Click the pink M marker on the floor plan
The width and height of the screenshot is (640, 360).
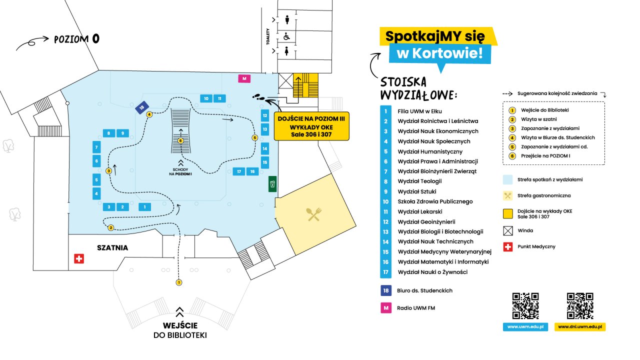(x=244, y=78)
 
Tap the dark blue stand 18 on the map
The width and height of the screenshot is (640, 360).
(x=141, y=107)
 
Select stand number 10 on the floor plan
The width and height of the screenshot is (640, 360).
(x=206, y=98)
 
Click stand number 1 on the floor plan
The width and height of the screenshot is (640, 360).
(x=144, y=207)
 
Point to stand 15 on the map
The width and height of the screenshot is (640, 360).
(x=265, y=162)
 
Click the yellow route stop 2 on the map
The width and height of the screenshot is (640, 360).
(x=111, y=227)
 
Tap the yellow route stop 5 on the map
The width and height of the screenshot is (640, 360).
(x=255, y=137)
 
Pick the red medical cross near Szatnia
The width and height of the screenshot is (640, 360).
(x=79, y=259)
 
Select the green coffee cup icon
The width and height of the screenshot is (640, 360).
(x=272, y=184)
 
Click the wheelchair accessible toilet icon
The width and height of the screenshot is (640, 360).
(x=286, y=36)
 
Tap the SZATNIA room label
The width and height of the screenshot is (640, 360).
(x=112, y=247)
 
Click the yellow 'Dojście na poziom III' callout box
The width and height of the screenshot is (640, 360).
(x=311, y=126)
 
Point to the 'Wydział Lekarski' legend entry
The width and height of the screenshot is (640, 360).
(x=419, y=211)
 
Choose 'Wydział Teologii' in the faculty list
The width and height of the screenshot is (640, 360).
(x=419, y=181)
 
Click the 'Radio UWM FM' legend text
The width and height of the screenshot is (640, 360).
(x=415, y=308)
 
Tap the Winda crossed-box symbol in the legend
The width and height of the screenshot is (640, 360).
(x=507, y=230)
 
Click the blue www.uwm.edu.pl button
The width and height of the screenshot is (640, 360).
(x=525, y=327)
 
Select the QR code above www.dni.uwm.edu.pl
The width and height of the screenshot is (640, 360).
(x=580, y=305)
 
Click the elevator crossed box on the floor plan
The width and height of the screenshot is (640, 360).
(x=285, y=81)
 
